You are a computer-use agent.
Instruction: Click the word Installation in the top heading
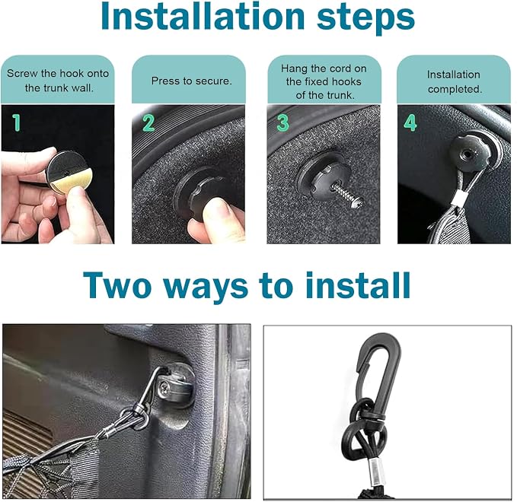click(x=203, y=16)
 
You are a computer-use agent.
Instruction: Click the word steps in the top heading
click(x=365, y=18)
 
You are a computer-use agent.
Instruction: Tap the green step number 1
click(x=17, y=123)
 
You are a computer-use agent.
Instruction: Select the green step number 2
click(x=148, y=123)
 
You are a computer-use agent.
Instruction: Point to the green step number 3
click(x=283, y=123)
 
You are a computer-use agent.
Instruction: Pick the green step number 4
click(x=410, y=123)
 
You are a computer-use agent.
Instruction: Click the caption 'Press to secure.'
click(x=192, y=81)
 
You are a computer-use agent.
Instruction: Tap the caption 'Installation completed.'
click(x=455, y=81)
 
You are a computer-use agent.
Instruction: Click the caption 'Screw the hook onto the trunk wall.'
click(x=58, y=81)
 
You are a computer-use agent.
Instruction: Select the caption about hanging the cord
click(x=324, y=81)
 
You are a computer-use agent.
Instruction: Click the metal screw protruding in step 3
click(x=347, y=195)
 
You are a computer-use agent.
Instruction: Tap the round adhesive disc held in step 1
click(x=69, y=173)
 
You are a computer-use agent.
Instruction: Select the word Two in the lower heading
click(x=116, y=285)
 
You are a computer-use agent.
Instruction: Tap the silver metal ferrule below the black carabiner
click(x=375, y=472)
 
